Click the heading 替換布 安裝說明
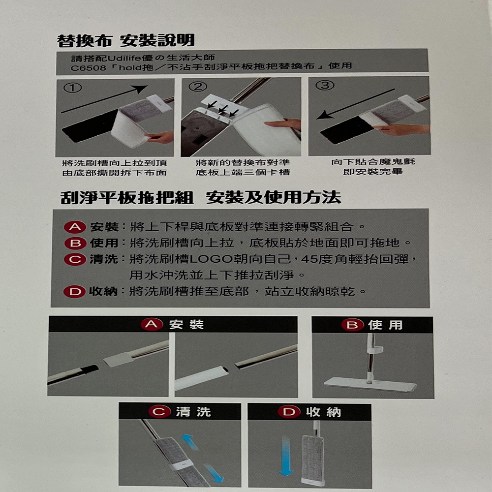pos(126,40)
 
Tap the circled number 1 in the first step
pos(72,88)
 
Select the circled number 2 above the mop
pos(198,87)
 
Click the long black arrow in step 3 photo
pos(357,104)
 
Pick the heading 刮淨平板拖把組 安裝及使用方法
pos(200,198)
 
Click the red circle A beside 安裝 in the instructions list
pos(74,227)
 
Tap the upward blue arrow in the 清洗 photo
pos(190,442)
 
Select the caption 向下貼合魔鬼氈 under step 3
pos(369,162)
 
